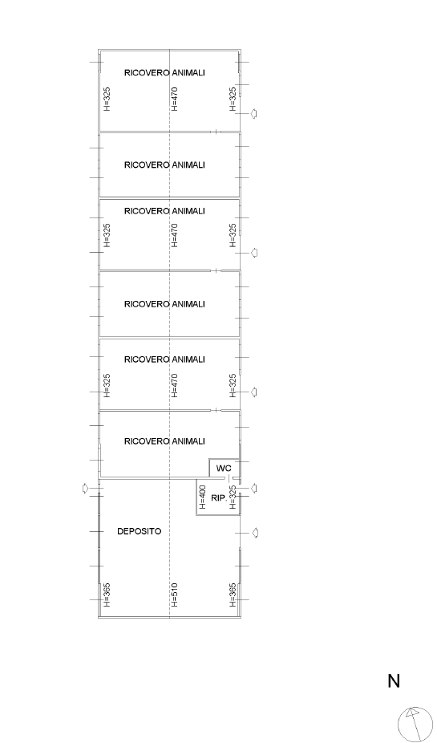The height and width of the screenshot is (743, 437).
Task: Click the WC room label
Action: click(224, 469)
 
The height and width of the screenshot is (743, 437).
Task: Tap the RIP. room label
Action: click(219, 498)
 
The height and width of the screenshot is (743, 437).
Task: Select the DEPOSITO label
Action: click(140, 531)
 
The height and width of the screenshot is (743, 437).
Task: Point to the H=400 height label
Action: click(203, 497)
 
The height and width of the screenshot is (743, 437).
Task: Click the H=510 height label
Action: click(174, 595)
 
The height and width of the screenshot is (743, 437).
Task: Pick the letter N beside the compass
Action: click(394, 681)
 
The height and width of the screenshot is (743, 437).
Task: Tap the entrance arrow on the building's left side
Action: click(86, 488)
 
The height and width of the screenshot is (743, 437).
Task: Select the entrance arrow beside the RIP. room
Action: click(253, 488)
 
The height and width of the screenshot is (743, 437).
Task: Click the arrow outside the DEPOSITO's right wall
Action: click(254, 533)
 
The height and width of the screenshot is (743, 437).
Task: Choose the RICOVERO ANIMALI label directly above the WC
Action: click(164, 441)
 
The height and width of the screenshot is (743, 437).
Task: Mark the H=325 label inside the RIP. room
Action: click(233, 497)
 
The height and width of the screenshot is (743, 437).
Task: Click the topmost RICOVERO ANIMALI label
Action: click(164, 72)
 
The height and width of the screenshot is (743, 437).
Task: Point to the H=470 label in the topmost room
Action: click(174, 99)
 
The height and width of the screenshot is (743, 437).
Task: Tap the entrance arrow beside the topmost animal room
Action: click(253, 114)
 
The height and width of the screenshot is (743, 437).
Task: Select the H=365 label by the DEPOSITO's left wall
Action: click(107, 595)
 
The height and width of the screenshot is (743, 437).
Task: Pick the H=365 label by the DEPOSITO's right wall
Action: click(233, 595)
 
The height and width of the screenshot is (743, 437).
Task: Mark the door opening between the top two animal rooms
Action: click(216, 132)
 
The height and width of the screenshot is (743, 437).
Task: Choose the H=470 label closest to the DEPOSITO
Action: click(174, 385)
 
